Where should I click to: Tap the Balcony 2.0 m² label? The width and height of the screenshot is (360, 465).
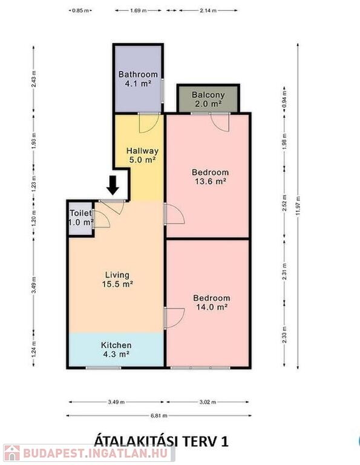pyautogui.click(x=208, y=99)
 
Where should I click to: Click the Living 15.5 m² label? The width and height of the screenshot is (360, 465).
pyautogui.click(x=117, y=280)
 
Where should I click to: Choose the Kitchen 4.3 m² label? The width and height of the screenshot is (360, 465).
pyautogui.click(x=116, y=349)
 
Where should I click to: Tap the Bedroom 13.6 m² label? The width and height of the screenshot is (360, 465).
pyautogui.click(x=211, y=176)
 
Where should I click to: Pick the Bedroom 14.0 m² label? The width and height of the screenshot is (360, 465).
pyautogui.click(x=212, y=302)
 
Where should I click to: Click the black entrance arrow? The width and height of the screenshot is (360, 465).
pyautogui.click(x=113, y=185)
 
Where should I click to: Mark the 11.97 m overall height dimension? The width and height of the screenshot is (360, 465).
pyautogui.click(x=298, y=206)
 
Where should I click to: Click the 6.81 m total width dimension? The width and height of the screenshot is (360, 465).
pyautogui.click(x=159, y=416)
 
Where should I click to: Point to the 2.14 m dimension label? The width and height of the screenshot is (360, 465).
pyautogui.click(x=208, y=11)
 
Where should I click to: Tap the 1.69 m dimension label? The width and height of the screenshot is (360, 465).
pyautogui.click(x=139, y=11)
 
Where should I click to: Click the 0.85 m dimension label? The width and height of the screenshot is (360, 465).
pyautogui.click(x=80, y=11)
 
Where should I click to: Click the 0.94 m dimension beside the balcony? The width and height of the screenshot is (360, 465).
pyautogui.click(x=284, y=100)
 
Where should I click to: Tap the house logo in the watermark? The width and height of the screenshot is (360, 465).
pyautogui.click(x=12, y=453)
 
